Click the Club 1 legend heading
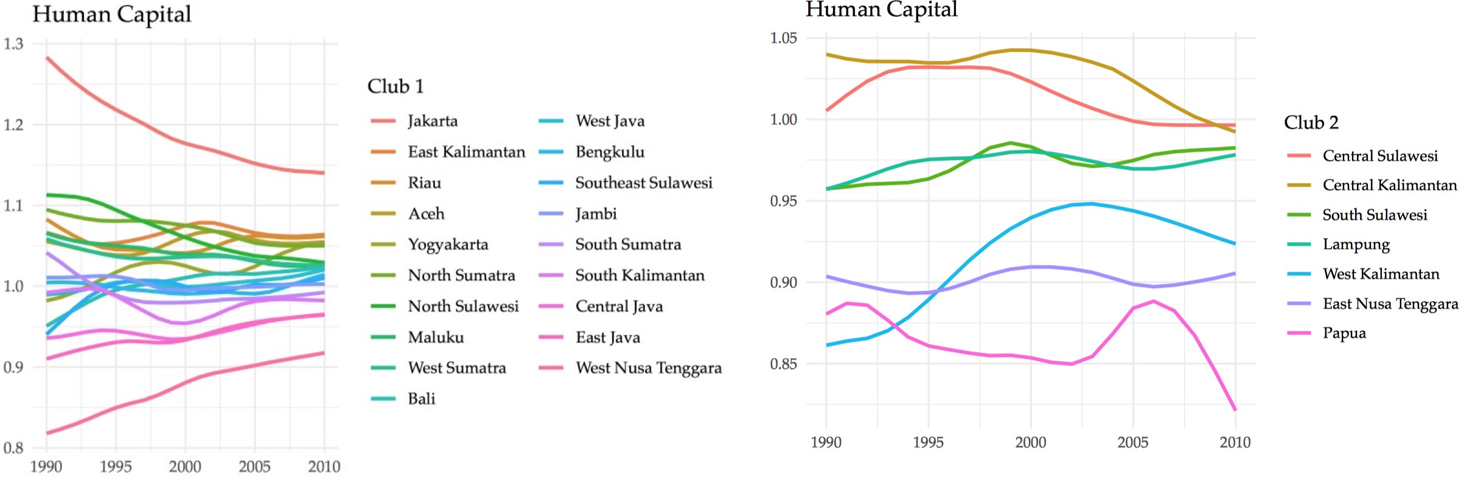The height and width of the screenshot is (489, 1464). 395,86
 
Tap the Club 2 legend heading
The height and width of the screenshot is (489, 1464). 1311,122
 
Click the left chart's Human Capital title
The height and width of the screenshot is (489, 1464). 112,15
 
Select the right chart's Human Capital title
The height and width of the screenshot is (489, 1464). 882,10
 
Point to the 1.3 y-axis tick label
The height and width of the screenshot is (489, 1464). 13,44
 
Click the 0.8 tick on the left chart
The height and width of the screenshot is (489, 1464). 13,448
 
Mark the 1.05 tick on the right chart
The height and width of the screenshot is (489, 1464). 784,38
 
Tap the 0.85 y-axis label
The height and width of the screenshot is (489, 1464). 784,364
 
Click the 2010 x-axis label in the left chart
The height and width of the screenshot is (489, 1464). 324,467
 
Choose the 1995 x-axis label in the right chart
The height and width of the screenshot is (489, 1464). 929,443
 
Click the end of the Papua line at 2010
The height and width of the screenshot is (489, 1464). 1235,410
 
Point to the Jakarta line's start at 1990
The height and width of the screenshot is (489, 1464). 47,58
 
